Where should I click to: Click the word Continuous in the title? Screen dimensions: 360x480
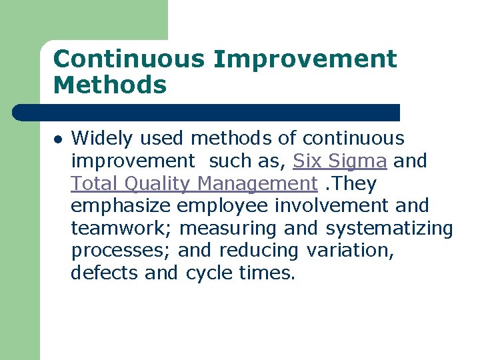(x=129, y=59)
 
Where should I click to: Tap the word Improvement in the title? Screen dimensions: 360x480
(x=305, y=59)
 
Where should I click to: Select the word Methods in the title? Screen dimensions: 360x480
(x=109, y=85)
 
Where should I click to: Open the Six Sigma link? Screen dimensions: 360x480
(x=340, y=161)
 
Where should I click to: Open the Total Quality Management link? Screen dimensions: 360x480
(x=194, y=183)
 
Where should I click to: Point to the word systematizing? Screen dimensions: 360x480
(x=389, y=229)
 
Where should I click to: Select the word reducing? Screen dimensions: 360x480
(x=259, y=251)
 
